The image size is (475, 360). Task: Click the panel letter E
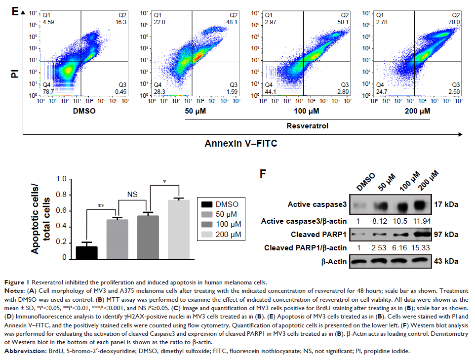(x=16, y=11)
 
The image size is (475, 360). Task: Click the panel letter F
(x=263, y=174)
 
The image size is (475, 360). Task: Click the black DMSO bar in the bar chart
(x=86, y=252)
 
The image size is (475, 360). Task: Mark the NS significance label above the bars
(x=132, y=195)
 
